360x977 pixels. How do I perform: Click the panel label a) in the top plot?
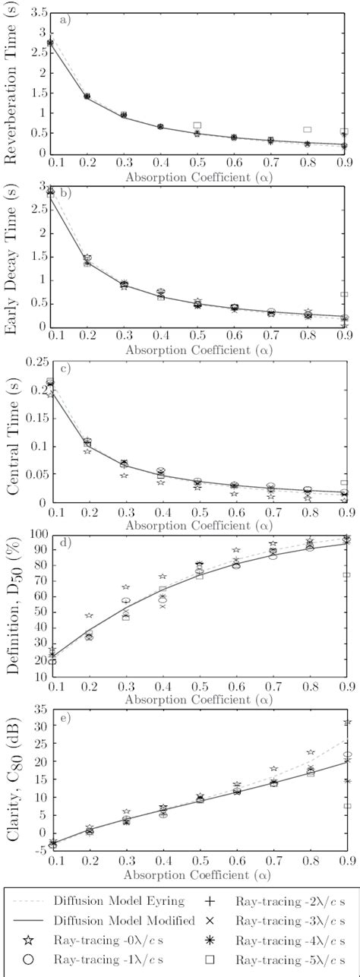[x=65, y=21]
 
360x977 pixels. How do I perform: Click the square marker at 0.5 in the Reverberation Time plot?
[x=197, y=125]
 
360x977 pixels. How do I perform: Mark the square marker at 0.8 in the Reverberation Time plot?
[x=308, y=130]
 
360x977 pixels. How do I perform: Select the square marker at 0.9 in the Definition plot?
[x=346, y=575]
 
